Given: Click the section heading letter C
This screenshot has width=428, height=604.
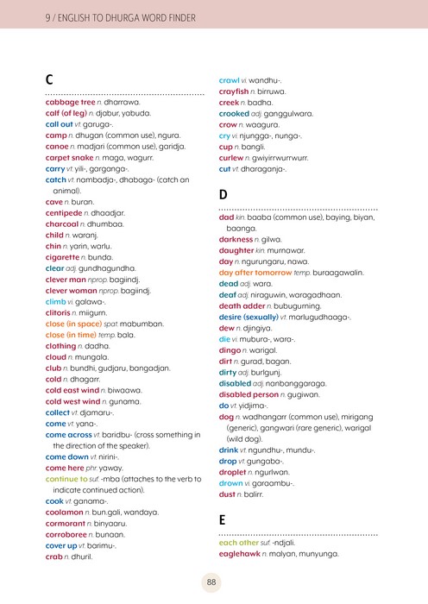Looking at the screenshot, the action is (50, 79).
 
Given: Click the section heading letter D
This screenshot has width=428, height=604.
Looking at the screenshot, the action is (223, 195).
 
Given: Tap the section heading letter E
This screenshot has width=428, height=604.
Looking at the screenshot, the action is (223, 519).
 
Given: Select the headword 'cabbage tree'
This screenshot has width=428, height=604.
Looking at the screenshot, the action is (70, 102).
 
